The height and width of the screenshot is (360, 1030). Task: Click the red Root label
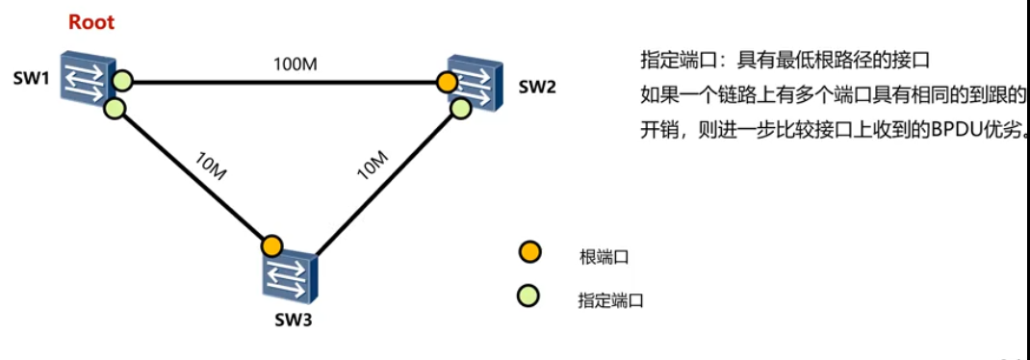coord(90,21)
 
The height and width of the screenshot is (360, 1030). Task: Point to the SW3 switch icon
coord(289,275)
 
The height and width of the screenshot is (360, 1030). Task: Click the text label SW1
coord(31,77)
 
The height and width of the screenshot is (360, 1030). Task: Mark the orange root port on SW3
coord(271,245)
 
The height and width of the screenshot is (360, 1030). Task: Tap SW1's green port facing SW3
coord(115,109)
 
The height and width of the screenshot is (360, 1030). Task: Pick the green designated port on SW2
coord(461,108)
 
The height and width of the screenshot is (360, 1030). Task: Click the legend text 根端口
coord(604,256)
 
